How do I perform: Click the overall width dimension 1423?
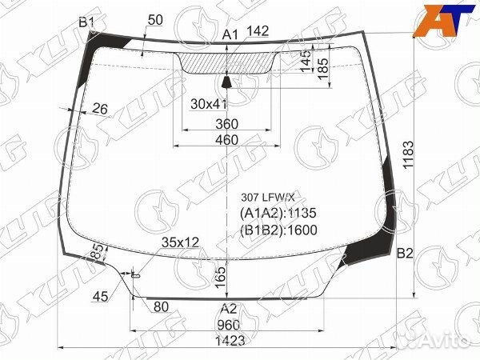click(x=230, y=341)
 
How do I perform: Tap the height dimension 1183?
click(x=408, y=154)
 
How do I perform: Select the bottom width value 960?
click(x=228, y=325)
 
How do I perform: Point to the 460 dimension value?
click(x=226, y=140)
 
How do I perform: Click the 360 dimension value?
click(x=226, y=124)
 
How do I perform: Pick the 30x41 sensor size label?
click(x=209, y=104)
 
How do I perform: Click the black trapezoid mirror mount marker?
click(x=226, y=82)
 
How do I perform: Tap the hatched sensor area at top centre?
click(x=226, y=62)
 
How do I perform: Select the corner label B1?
click(x=86, y=22)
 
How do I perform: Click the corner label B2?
click(x=405, y=253)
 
